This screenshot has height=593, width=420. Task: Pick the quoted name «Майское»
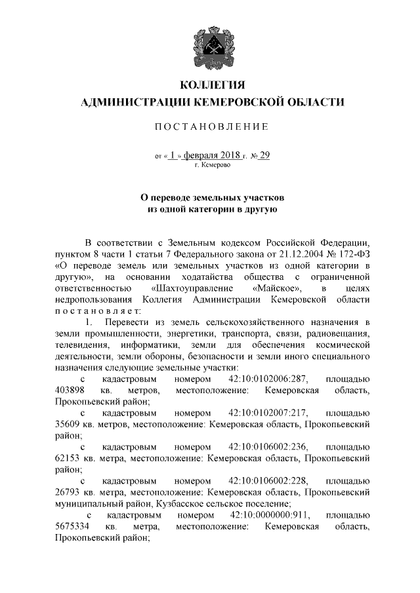(x=273, y=288)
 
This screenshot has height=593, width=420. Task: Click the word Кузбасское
(x=184, y=503)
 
